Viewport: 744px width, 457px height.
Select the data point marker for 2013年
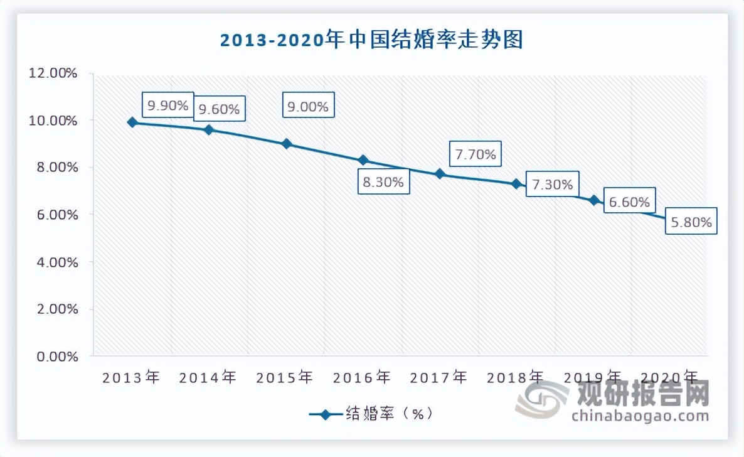pos(132,122)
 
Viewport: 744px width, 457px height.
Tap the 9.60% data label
pos(219,109)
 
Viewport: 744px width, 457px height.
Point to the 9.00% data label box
pos(309,107)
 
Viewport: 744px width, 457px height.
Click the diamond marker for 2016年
pos(363,161)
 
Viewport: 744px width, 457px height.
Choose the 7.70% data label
pos(476,154)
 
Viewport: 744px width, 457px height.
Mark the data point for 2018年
pos(516,184)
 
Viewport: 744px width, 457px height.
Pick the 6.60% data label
pos(629,202)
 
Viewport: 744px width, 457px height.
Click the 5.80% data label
pos(691,222)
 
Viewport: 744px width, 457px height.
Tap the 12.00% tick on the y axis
pos(53,73)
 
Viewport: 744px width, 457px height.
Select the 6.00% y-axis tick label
pos(55,215)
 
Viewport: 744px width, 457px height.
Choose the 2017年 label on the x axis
pos(438,377)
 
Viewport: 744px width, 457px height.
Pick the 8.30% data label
pos(383,183)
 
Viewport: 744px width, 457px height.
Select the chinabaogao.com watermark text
pos(640,416)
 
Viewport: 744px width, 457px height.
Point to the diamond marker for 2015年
pos(287,144)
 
